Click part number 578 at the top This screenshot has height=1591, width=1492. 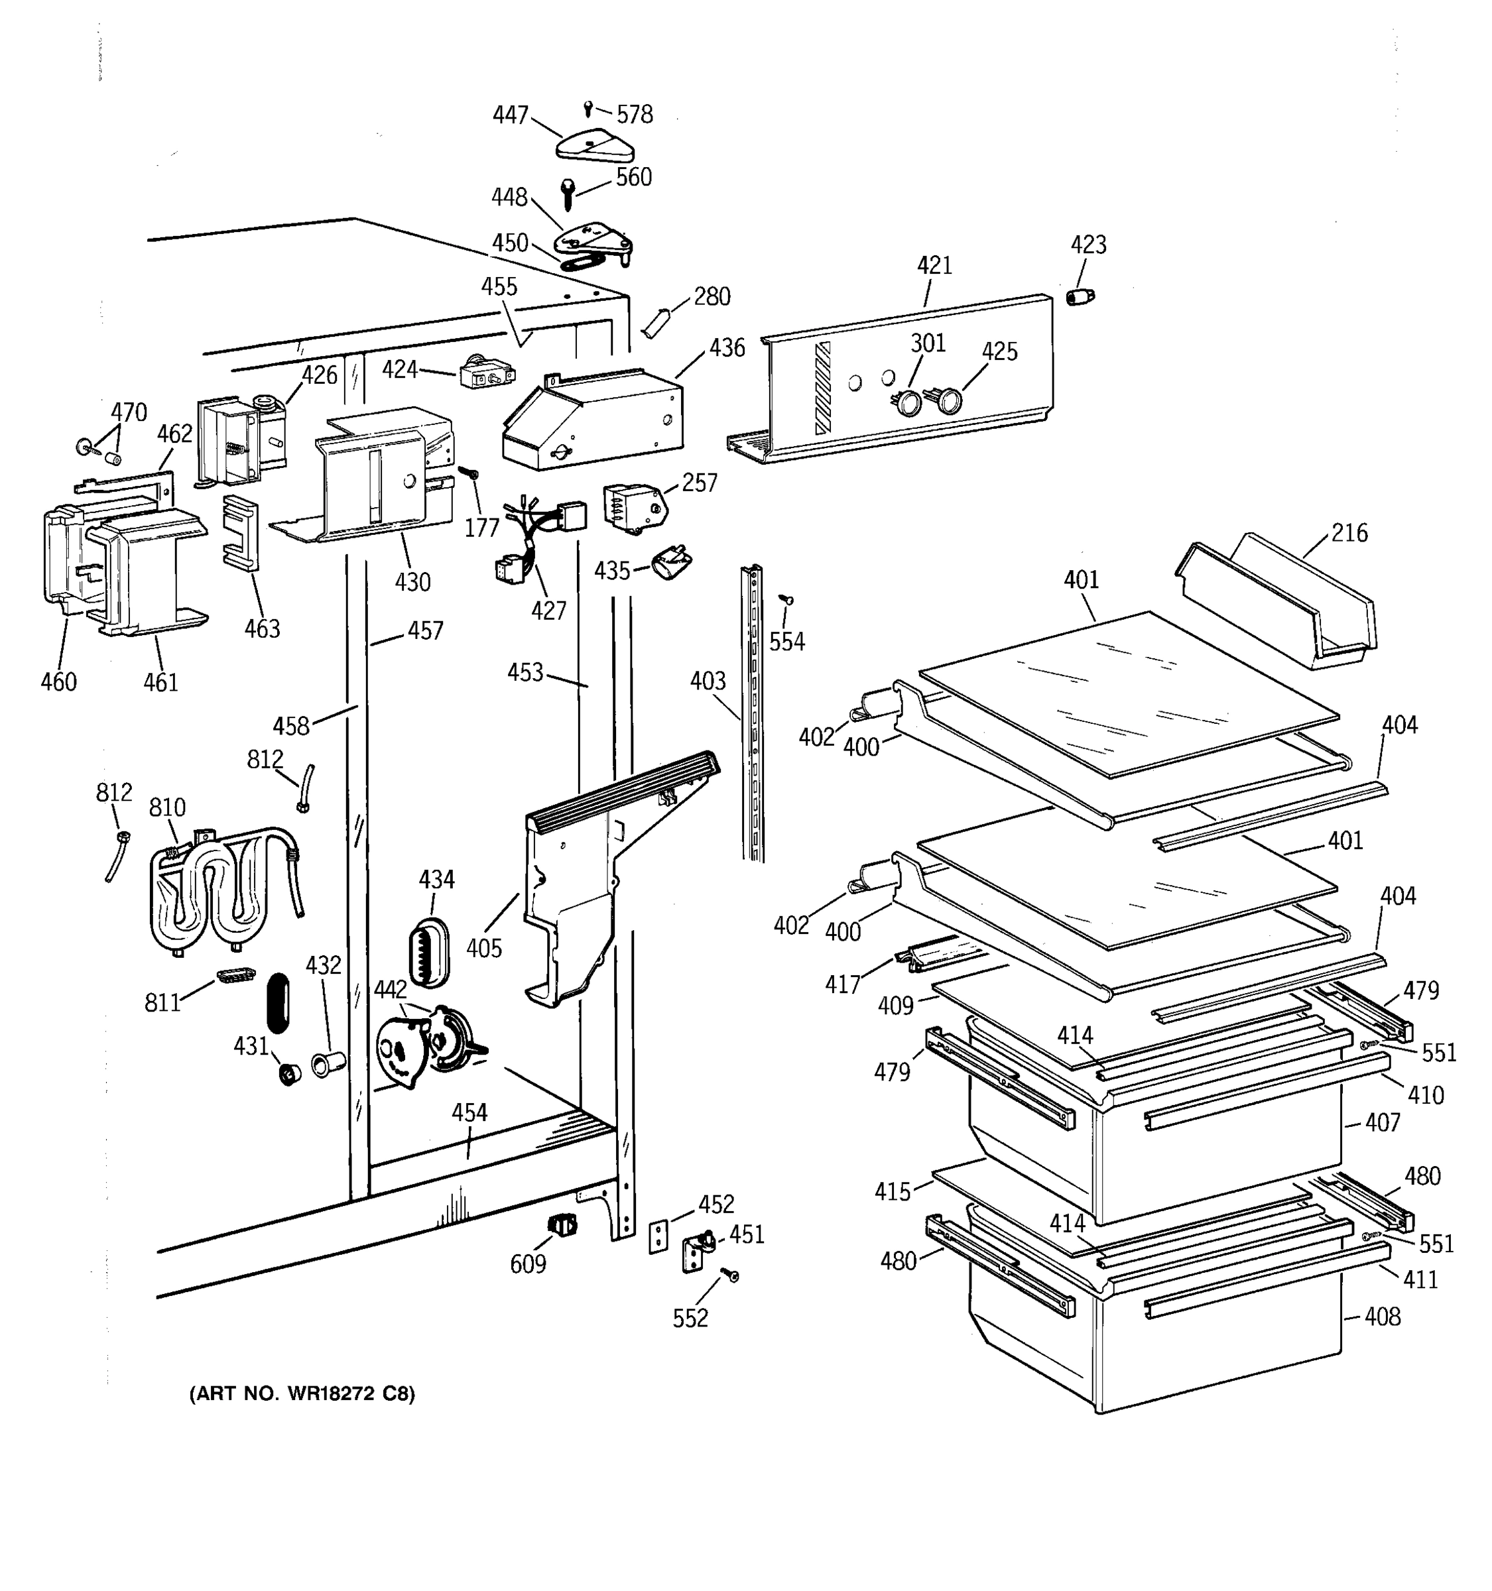tap(635, 115)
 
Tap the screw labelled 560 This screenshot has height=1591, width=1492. tap(568, 193)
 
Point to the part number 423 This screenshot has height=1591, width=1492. tap(1089, 244)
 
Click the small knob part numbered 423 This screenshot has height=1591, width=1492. tap(1081, 297)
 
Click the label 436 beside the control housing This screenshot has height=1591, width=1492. tap(727, 347)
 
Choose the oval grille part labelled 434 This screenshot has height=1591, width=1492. tap(430, 953)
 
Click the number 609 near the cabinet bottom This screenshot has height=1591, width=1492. tap(528, 1264)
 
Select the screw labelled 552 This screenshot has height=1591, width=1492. tap(730, 1274)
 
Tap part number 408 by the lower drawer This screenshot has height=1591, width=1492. tap(1383, 1317)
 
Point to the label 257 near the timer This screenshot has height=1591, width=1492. tap(700, 483)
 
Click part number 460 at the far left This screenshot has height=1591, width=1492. tap(58, 682)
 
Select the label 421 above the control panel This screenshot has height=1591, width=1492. tap(934, 265)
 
